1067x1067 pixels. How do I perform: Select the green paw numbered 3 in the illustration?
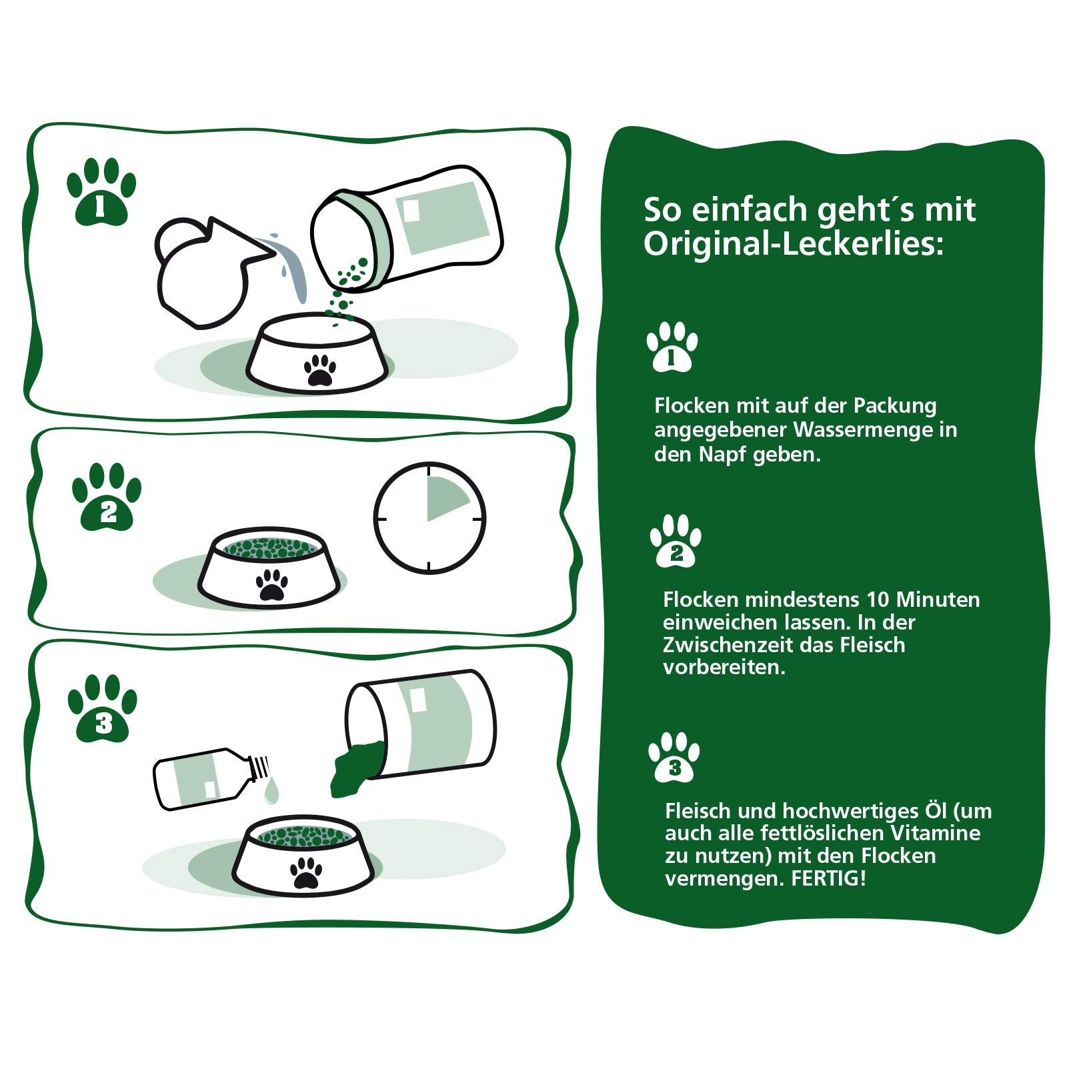pyautogui.click(x=103, y=709)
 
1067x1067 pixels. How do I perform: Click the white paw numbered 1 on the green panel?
pyautogui.click(x=672, y=347)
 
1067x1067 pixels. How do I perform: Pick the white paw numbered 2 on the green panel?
pyautogui.click(x=676, y=542)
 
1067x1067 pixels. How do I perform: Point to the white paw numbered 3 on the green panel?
pyautogui.click(x=674, y=758)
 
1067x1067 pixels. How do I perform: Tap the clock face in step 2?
pyautogui.click(x=429, y=518)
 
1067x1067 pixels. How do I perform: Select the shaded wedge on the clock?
pyautogui.click(x=447, y=497)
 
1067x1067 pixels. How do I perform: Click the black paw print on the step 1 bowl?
pyautogui.click(x=320, y=370)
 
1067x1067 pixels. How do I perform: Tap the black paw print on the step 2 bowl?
pyautogui.click(x=272, y=585)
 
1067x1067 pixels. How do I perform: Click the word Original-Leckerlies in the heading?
pyautogui.click(x=794, y=243)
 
